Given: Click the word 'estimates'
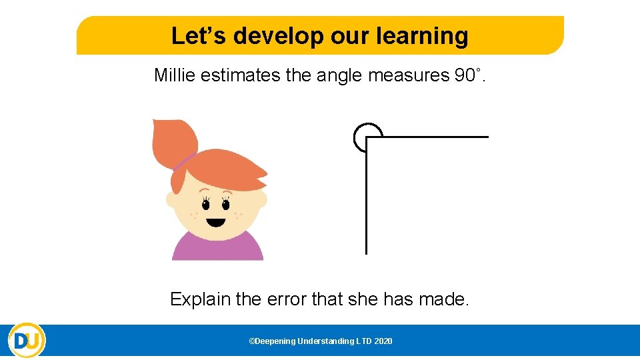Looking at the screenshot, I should click(x=231, y=75).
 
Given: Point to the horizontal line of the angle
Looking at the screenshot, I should click(x=433, y=137).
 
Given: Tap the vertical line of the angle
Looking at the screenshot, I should click(x=366, y=200).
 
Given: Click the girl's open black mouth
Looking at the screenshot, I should click(x=215, y=221).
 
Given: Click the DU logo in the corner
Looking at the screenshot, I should click(x=27, y=341).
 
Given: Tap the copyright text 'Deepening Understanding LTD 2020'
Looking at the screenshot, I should click(x=320, y=341).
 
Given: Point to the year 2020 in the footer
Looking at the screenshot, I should click(x=383, y=341).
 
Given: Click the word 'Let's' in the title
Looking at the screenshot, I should click(x=194, y=36).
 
